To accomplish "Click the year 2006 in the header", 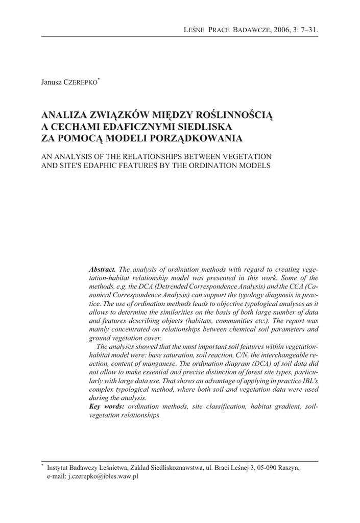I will coord(281,30).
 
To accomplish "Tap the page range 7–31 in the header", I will coord(308,30).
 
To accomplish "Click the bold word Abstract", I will coord(103,269).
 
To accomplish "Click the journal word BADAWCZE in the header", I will coord(253,30).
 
